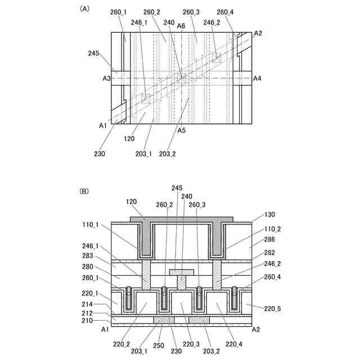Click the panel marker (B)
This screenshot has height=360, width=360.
coord(84,191)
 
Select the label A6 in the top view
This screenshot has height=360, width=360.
coord(181,26)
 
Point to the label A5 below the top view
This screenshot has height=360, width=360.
coord(181,130)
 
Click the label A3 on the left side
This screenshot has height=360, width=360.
coord(106,79)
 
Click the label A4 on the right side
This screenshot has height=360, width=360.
coord(257,79)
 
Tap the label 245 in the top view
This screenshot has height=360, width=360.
coord(94,53)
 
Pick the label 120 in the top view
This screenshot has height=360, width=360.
coord(130,137)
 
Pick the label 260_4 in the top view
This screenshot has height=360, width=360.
coord(226,11)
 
